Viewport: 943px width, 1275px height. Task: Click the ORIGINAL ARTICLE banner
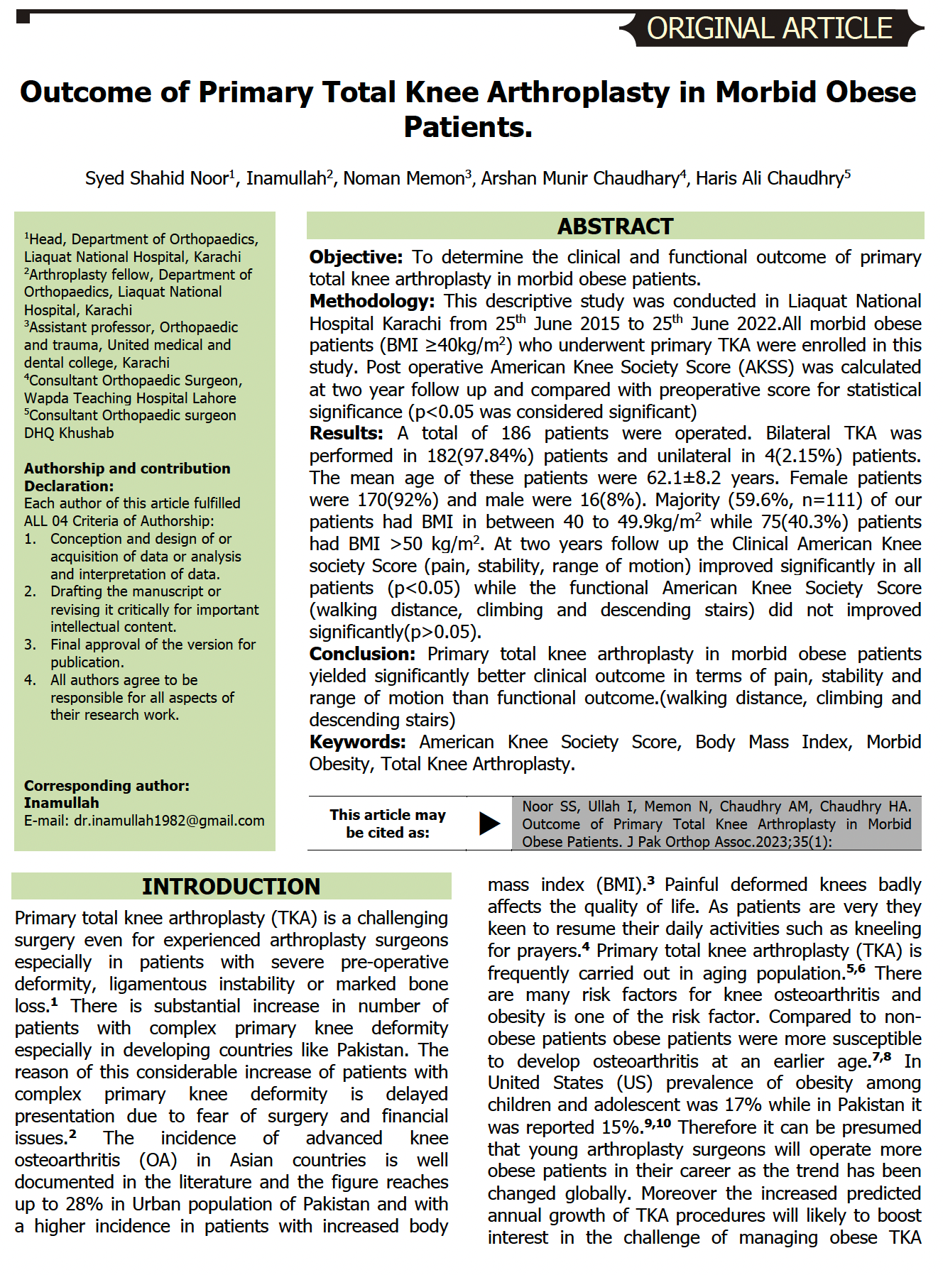(x=770, y=28)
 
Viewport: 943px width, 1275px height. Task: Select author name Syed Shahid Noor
(x=157, y=178)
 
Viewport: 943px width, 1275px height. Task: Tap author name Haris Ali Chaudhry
(x=770, y=178)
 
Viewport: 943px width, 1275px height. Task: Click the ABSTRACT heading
(x=615, y=226)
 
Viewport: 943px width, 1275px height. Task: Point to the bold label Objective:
(x=356, y=257)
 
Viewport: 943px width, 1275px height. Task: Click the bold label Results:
(x=346, y=433)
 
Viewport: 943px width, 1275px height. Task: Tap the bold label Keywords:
(x=357, y=742)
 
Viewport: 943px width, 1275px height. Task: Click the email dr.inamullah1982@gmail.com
(x=169, y=821)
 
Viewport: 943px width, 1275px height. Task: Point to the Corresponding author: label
(x=107, y=786)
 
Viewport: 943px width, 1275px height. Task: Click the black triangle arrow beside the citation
(x=489, y=823)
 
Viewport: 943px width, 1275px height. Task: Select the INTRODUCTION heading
(x=231, y=887)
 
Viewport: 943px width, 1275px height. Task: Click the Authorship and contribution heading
(x=127, y=469)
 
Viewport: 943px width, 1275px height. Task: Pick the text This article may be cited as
(x=388, y=823)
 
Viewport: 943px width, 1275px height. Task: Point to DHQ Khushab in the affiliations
(x=69, y=433)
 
